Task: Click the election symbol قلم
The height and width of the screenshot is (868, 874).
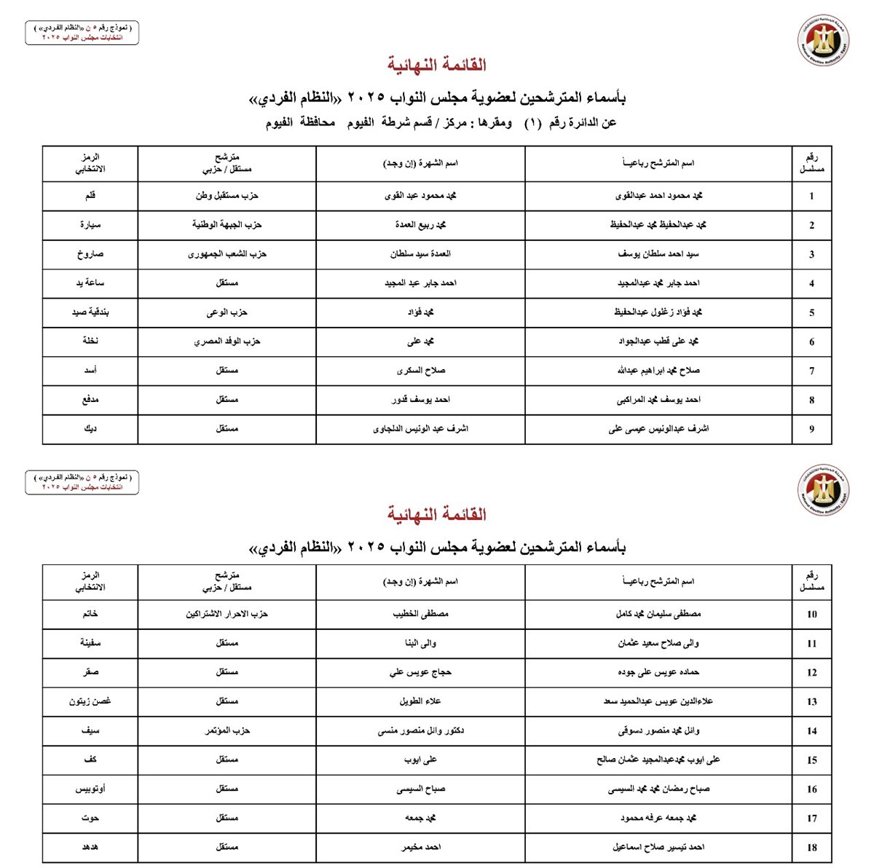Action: [90, 196]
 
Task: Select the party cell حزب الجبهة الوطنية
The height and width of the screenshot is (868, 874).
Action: [227, 225]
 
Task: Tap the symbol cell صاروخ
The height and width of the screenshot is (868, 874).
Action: [90, 254]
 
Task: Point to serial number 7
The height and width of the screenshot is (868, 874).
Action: [811, 371]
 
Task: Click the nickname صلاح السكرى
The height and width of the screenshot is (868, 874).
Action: [420, 371]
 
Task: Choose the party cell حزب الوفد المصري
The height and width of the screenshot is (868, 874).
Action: [227, 342]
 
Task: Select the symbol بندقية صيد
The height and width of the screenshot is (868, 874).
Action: [90, 312]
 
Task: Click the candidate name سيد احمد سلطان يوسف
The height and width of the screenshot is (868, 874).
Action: [658, 254]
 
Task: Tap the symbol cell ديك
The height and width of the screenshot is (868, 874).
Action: [90, 429]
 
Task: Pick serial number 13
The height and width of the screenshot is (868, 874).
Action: [811, 702]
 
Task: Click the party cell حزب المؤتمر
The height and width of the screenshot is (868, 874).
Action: [227, 730]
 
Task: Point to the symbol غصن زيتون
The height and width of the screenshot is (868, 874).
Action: [90, 701]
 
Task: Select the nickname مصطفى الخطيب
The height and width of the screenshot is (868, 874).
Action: [420, 614]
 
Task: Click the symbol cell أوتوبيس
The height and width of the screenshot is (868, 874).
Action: [90, 789]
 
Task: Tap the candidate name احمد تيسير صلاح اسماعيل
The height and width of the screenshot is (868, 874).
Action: [658, 847]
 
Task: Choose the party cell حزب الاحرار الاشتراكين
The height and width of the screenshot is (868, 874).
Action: [227, 614]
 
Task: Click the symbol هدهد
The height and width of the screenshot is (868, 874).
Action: [90, 847]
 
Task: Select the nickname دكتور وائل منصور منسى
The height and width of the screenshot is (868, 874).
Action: [420, 730]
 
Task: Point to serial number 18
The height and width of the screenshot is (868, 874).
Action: [811, 848]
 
